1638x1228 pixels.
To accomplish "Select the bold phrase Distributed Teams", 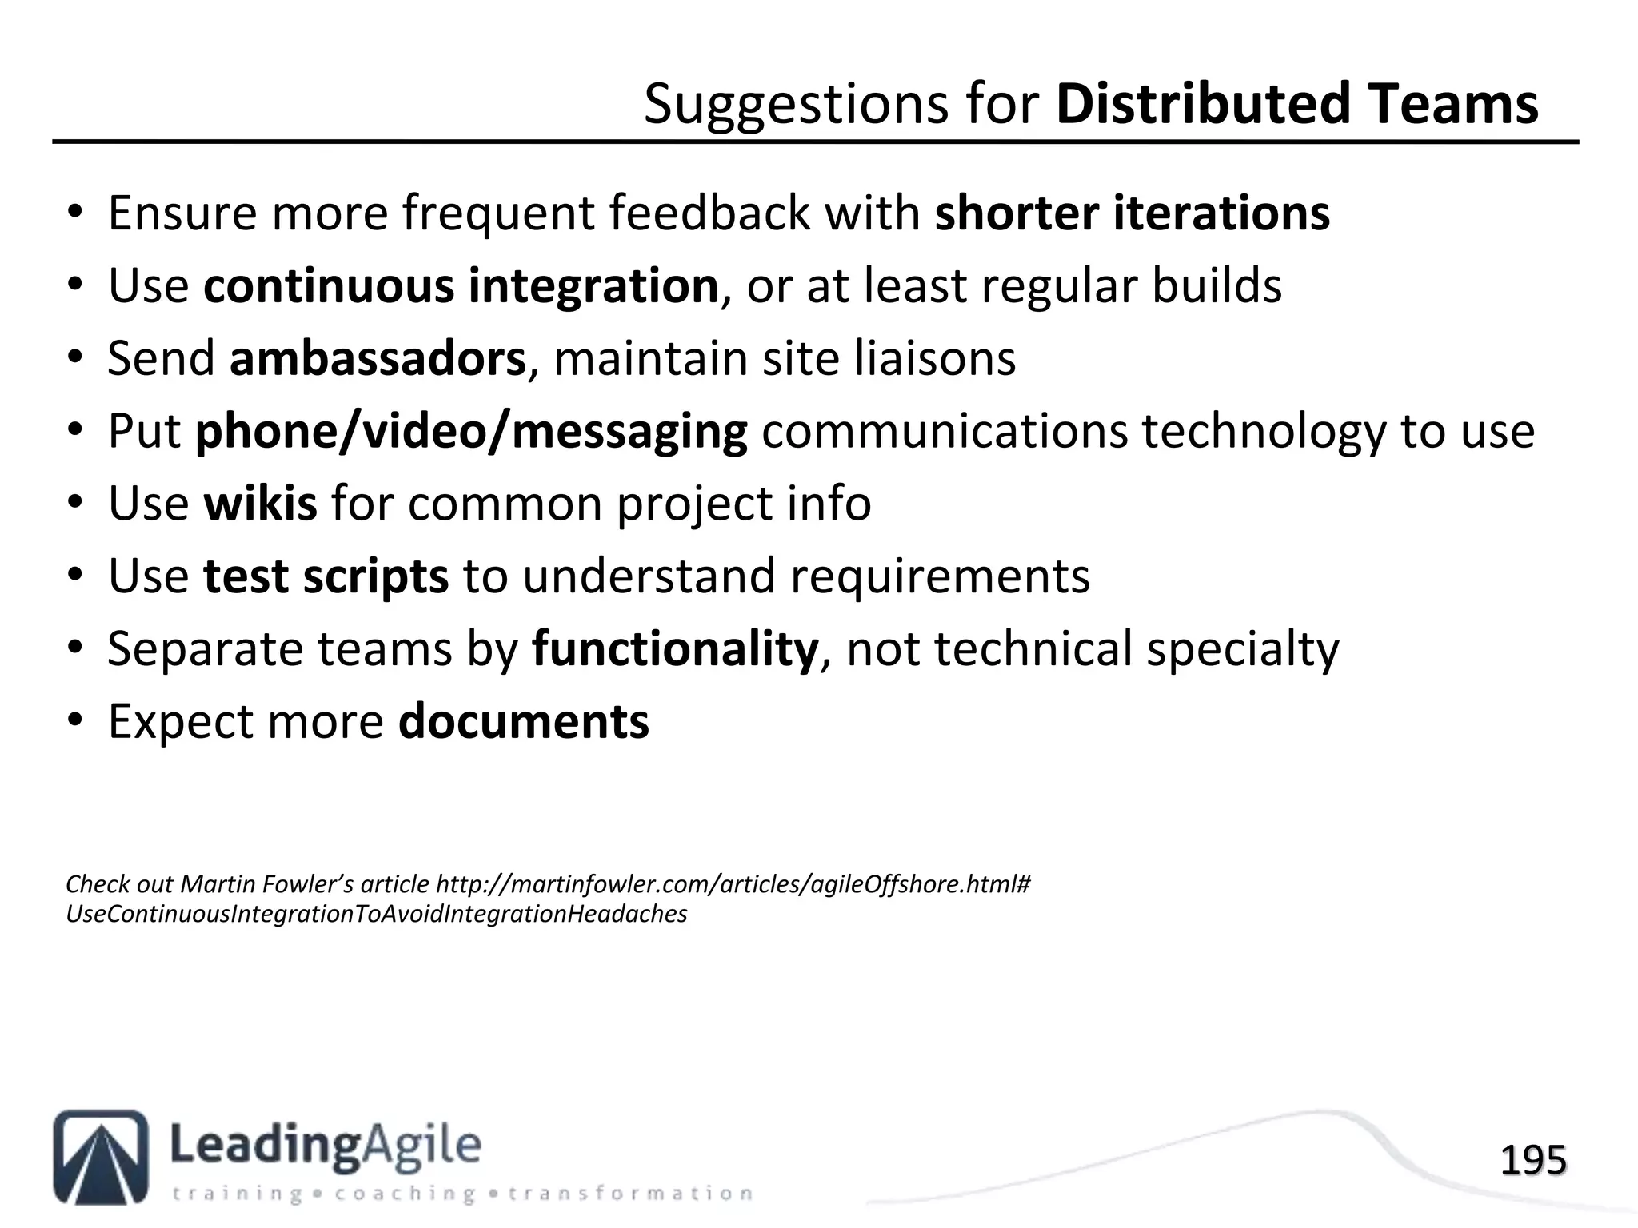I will pos(1296,104).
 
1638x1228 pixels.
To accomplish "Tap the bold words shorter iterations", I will pos(1132,213).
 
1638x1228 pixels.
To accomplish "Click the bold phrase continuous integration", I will pos(461,286).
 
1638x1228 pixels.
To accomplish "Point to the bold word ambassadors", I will pos(378,358).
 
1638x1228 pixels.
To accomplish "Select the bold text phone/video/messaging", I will pos(471,432).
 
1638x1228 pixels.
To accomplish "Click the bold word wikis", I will pos(260,504).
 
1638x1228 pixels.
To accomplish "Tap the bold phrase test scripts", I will pos(326,576).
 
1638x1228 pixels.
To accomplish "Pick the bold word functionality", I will pos(675,648).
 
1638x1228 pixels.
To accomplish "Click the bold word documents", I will pos(524,721).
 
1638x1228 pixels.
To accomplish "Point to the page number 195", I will pos(1532,1160).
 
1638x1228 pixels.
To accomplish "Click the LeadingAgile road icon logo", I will pos(101,1157).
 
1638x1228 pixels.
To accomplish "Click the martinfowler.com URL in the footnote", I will pos(733,884).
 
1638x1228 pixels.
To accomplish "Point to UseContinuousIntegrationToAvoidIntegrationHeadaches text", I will pos(376,914).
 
